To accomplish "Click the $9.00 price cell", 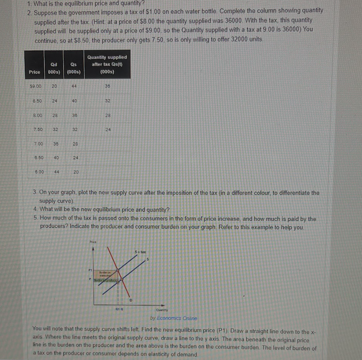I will [x=34, y=87].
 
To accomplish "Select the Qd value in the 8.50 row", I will [x=54, y=101].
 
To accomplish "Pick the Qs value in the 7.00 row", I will [x=75, y=143].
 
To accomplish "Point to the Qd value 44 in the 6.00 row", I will [x=56, y=172].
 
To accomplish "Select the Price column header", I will [x=34, y=72].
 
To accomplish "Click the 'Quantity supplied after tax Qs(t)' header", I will [x=107, y=65].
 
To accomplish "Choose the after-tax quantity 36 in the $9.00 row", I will [x=107, y=87].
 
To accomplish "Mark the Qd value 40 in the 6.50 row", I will [x=56, y=158].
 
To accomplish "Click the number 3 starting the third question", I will [x=35, y=193].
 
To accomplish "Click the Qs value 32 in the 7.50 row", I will [x=75, y=129].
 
